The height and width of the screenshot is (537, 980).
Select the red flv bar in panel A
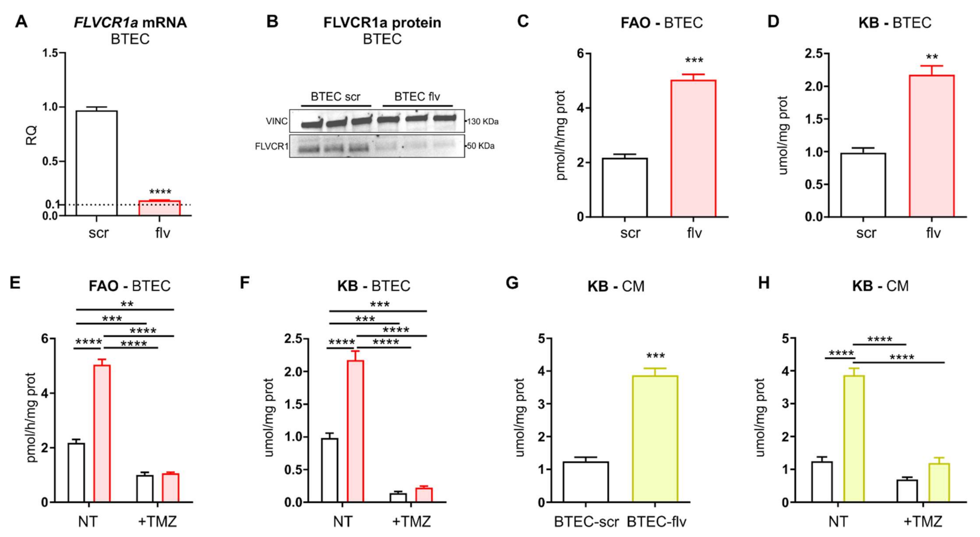point(159,208)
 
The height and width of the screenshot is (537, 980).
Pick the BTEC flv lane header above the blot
point(417,97)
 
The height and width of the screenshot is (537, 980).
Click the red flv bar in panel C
point(693,148)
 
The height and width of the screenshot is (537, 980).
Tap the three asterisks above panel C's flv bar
point(694,61)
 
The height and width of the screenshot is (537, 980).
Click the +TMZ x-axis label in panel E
point(157,521)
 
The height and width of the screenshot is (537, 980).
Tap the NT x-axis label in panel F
point(342,521)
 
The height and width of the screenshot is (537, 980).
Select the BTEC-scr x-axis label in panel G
point(586,522)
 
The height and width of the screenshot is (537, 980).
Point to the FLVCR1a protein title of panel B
point(382,22)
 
